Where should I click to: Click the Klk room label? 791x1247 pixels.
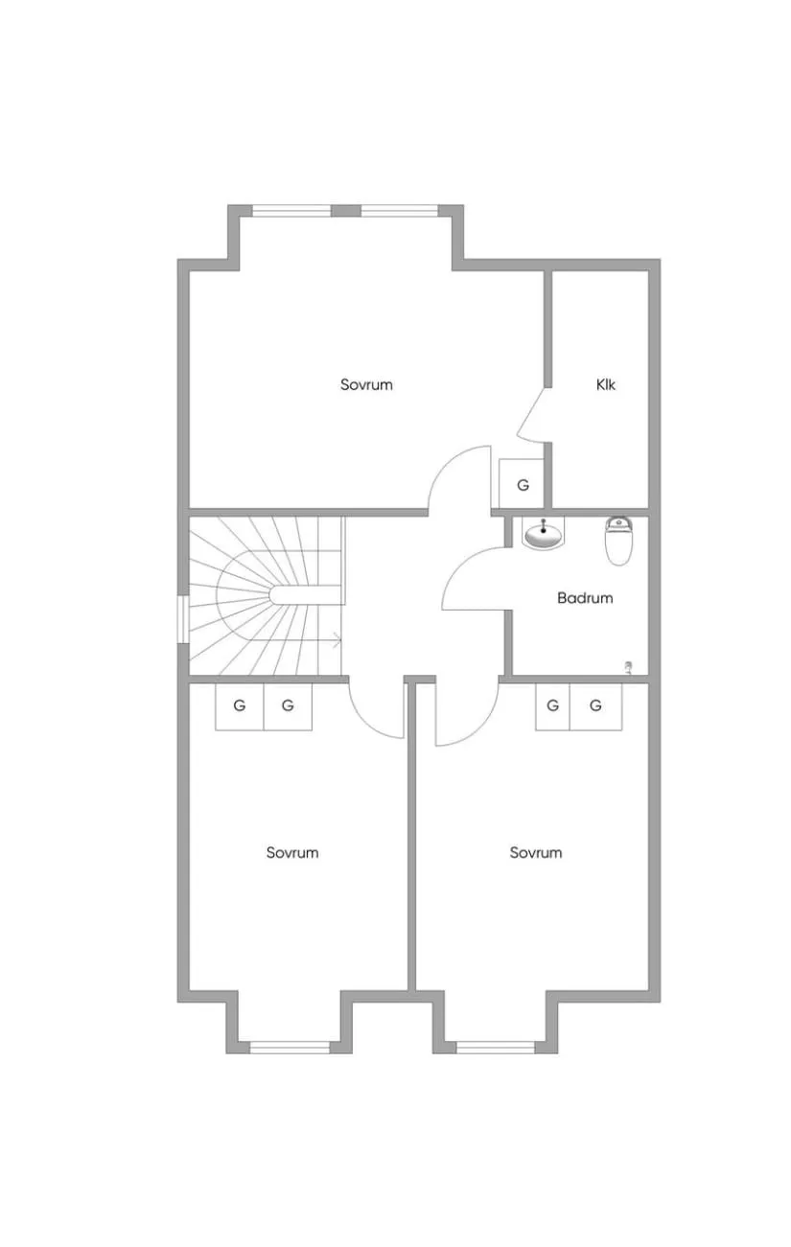[606, 384]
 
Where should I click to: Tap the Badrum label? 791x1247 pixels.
[585, 598]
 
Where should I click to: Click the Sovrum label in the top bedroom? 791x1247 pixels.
[366, 384]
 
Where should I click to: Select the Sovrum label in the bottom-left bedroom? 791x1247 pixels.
[292, 852]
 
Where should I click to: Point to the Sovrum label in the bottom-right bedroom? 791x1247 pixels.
[536, 852]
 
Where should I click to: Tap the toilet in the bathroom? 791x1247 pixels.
[618, 541]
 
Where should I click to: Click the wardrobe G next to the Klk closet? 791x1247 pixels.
[522, 484]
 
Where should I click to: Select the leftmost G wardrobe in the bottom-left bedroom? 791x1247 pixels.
[240, 705]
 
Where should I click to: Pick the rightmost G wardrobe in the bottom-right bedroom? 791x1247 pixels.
[596, 705]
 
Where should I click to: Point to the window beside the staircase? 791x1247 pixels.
[183, 620]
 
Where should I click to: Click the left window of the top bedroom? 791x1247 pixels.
[291, 211]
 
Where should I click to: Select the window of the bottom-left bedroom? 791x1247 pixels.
[290, 1048]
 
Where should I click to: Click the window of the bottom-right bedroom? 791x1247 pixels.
[496, 1048]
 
